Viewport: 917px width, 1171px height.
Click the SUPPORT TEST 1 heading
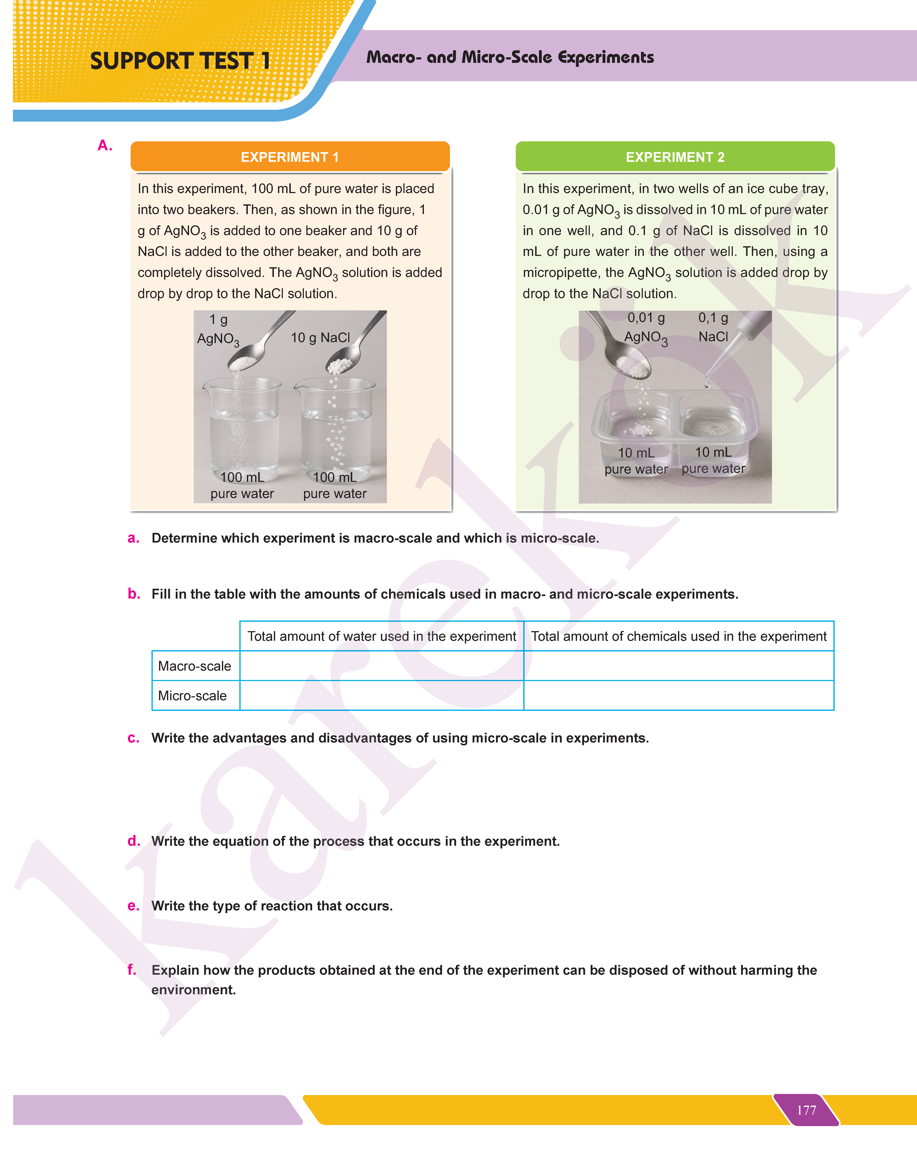[x=180, y=61]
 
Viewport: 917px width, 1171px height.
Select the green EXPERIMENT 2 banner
[x=675, y=157]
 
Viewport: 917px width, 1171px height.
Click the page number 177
[x=806, y=1110]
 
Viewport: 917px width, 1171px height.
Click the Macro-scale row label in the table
[x=194, y=666]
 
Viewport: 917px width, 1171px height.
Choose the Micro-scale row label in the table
[x=192, y=696]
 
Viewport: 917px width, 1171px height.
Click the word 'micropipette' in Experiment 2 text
[x=559, y=273]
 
